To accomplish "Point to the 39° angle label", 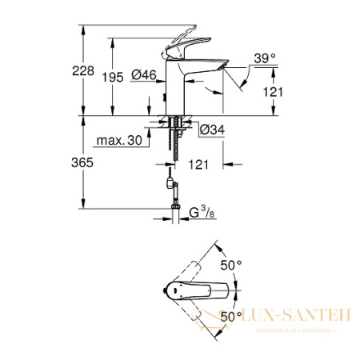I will tap(264, 58).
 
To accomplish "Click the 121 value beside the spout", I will tap(273, 93).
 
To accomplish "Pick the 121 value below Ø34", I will tap(199, 165).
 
